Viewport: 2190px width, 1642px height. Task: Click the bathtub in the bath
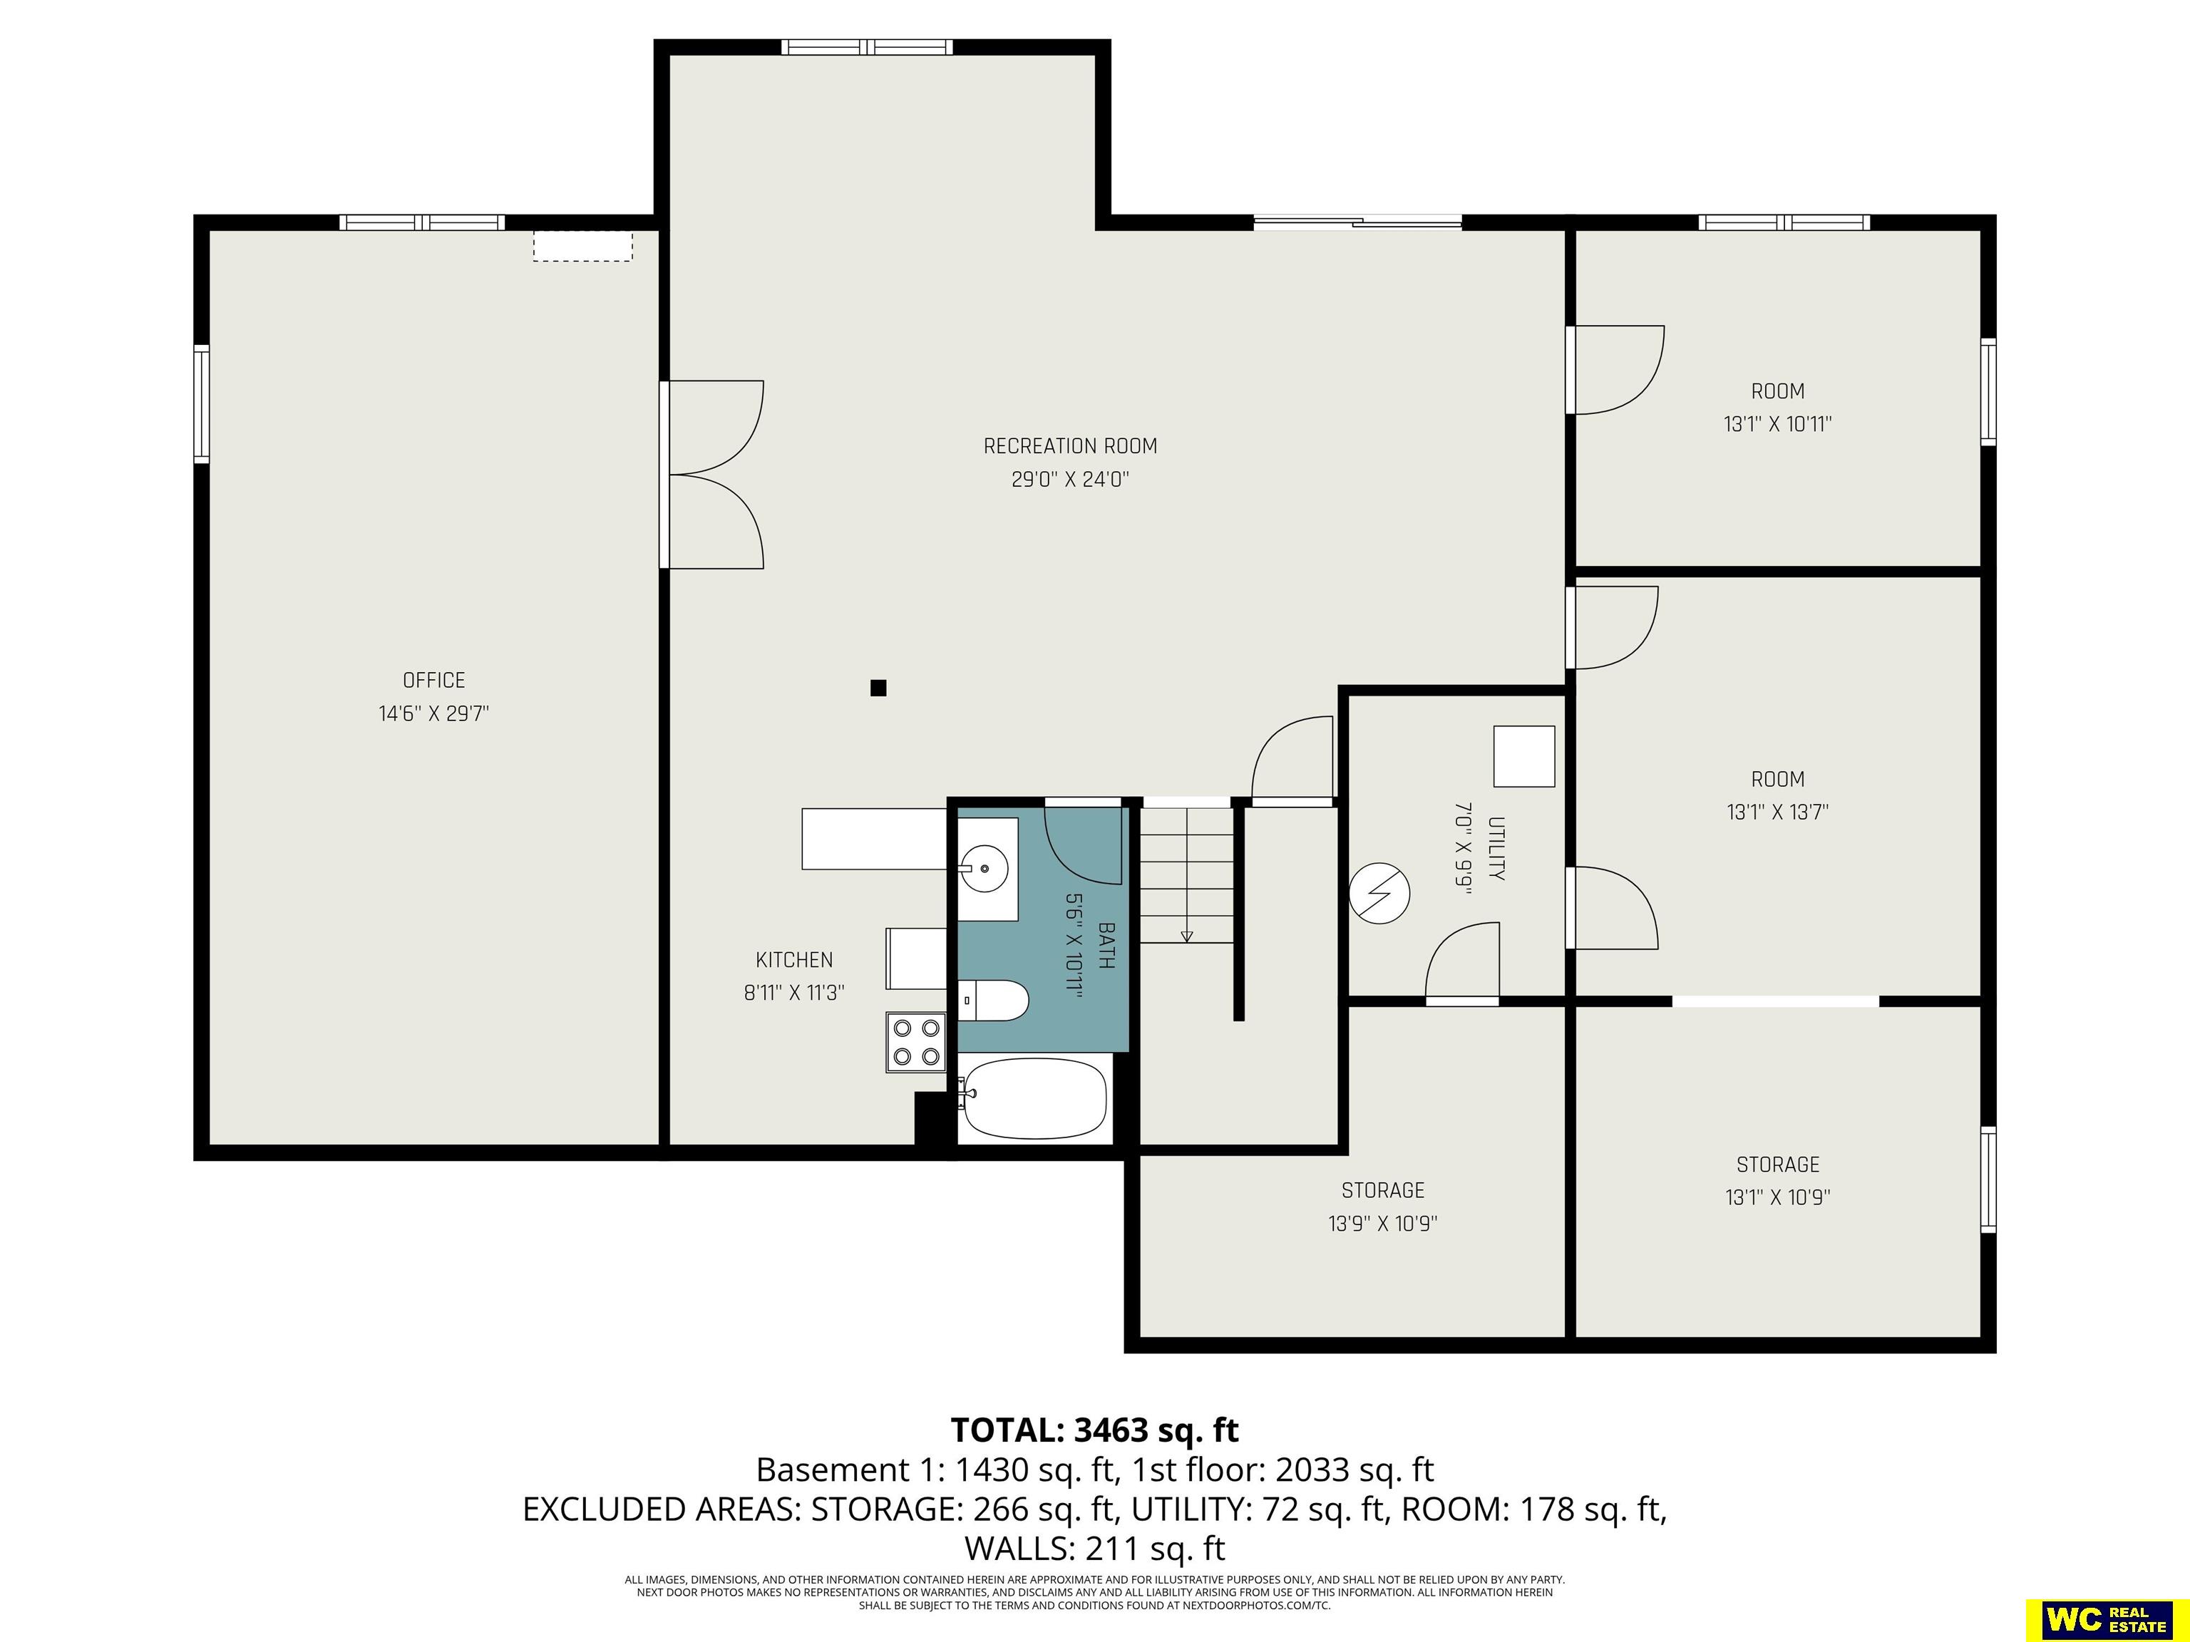click(x=1034, y=1099)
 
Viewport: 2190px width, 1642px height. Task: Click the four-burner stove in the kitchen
click(x=916, y=1042)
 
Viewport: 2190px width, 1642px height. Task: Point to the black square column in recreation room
click(x=878, y=688)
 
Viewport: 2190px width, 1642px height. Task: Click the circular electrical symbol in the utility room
click(x=1380, y=894)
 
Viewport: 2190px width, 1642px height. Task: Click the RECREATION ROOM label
click(x=1070, y=446)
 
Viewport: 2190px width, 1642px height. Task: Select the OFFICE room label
click(x=433, y=680)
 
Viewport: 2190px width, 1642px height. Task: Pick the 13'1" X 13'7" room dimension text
click(x=1777, y=812)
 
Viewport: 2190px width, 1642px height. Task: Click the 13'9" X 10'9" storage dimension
click(x=1382, y=1224)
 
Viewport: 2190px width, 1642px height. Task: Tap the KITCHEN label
click(x=794, y=959)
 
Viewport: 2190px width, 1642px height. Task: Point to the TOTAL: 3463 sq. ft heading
click(x=1095, y=1429)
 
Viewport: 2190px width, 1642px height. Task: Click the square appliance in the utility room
click(x=1523, y=756)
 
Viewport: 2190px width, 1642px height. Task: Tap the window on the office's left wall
click(x=201, y=404)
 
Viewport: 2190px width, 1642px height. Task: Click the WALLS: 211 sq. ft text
click(x=1095, y=1547)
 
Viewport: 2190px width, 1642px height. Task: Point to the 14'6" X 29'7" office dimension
click(x=433, y=713)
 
